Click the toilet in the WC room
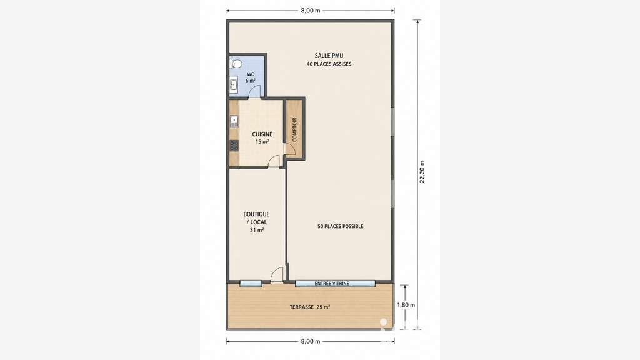pos(236,64)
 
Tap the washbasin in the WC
pos(234,85)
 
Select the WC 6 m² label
pos(251,77)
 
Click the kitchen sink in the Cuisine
pos(234,121)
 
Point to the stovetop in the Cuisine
pos(234,146)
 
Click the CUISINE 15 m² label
pos(262,137)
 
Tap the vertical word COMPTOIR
pos(294,130)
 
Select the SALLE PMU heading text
pos(329,56)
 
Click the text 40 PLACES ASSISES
pos(329,64)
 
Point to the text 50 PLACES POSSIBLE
pos(341,226)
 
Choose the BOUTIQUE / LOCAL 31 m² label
pos(257,222)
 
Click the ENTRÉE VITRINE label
pos(332,283)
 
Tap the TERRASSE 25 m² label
pos(310,307)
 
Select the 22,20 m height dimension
pos(422,171)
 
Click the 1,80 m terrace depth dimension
pos(406,305)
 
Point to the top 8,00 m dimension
pos(310,11)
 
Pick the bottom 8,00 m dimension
pos(310,341)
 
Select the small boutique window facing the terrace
pos(251,283)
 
